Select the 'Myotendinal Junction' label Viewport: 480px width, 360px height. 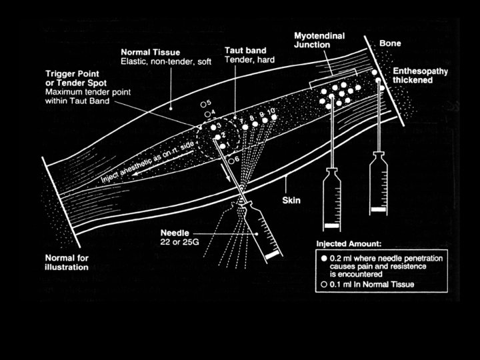[320, 39]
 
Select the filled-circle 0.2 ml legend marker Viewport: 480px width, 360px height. [324, 257]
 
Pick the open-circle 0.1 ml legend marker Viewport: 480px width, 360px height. [324, 285]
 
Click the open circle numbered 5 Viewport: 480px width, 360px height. [203, 105]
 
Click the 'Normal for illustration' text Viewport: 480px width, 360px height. [66, 262]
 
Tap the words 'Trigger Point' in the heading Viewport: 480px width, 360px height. [70, 72]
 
